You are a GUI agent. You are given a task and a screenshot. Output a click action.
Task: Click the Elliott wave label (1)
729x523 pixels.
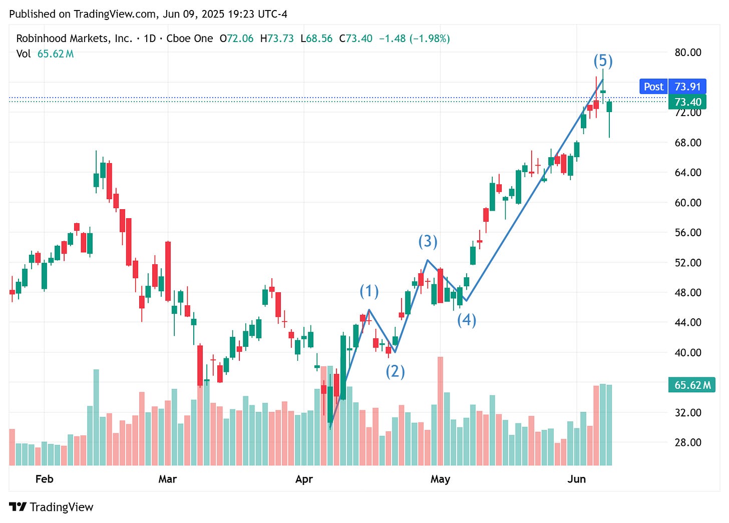point(369,291)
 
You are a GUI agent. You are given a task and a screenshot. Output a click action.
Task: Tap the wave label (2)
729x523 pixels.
point(395,371)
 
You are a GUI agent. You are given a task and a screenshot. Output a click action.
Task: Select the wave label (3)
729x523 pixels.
point(428,241)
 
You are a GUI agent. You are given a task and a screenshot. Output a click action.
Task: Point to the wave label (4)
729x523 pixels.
point(467,320)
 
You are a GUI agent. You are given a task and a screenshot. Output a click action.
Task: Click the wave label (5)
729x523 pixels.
point(603,61)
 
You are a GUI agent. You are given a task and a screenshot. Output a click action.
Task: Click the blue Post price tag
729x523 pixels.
point(653,87)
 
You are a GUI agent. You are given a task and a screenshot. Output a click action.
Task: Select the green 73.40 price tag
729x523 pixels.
point(687,102)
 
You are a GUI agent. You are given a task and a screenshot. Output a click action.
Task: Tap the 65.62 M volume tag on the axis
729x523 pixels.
point(692,385)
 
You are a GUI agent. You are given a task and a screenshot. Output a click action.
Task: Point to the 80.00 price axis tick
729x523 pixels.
point(688,53)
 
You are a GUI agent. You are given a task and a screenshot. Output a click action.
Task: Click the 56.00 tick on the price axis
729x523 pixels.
point(688,232)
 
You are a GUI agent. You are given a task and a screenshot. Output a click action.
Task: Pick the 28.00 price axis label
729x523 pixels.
point(688,442)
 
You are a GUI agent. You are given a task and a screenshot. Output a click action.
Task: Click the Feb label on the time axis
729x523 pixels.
point(44,479)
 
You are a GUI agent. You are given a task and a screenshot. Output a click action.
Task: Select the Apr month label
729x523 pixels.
point(304,479)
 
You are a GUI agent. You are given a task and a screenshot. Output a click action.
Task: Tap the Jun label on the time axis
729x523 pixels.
point(576,479)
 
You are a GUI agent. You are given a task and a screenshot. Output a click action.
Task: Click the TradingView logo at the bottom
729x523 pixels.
point(51,507)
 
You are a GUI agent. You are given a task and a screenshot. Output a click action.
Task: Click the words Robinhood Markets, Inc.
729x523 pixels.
point(74,39)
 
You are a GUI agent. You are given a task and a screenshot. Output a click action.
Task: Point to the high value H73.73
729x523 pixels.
point(277,39)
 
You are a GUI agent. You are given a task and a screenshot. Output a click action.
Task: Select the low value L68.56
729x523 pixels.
point(316,39)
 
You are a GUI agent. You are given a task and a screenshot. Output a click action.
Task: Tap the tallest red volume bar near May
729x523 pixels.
point(440,410)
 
